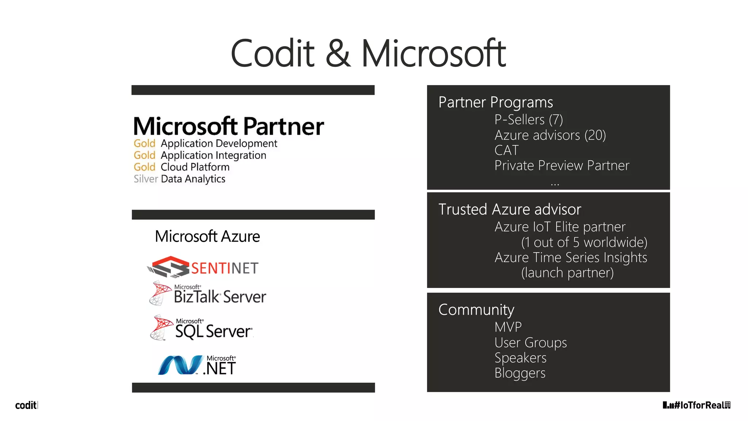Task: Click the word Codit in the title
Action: pos(272,54)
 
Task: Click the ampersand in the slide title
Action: pos(338,54)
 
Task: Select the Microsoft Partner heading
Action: pos(229,126)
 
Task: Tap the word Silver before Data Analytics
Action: pos(145,179)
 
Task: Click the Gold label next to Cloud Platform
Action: pos(144,167)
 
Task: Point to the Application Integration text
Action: pos(213,155)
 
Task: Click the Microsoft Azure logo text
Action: pos(207,236)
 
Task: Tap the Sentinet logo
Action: pos(203,268)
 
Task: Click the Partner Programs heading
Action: pos(495,102)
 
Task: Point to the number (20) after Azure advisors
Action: pos(595,135)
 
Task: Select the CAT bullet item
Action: pos(506,150)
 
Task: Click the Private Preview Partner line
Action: pos(561,166)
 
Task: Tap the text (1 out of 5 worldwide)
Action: pos(584,242)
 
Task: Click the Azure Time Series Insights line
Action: pos(570,258)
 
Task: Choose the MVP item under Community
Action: pos(508,327)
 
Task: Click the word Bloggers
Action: pos(520,373)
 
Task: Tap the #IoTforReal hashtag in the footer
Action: pos(699,405)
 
